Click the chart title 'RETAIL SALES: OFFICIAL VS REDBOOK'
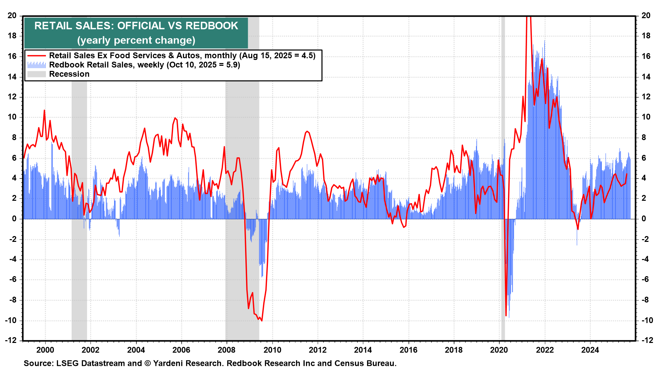click(x=136, y=26)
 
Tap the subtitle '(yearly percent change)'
click(x=136, y=40)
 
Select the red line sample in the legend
click(x=36, y=56)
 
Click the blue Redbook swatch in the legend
click(x=36, y=65)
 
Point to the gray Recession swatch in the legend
click(x=36, y=74)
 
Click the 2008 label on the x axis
click(x=227, y=350)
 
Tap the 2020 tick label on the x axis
click(x=499, y=350)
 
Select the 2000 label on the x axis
click(x=45, y=350)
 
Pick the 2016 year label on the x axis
click(x=408, y=350)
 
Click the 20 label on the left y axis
click(x=12, y=15)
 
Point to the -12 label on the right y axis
click(x=645, y=340)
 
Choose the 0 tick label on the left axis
click(x=14, y=219)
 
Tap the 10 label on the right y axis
click(x=646, y=117)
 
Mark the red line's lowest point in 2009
click(x=262, y=321)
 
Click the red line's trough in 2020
click(x=506, y=316)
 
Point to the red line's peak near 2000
click(x=44, y=110)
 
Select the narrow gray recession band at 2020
click(x=503, y=171)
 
